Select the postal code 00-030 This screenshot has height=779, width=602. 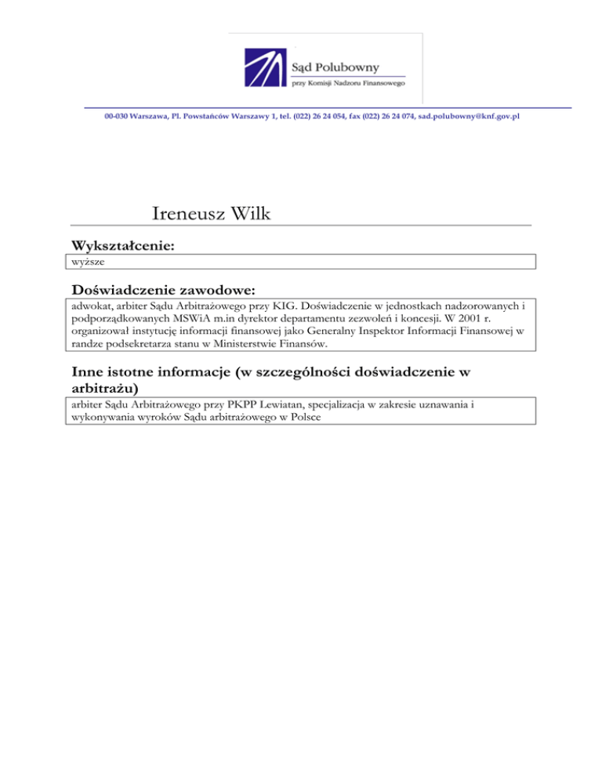117,116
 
